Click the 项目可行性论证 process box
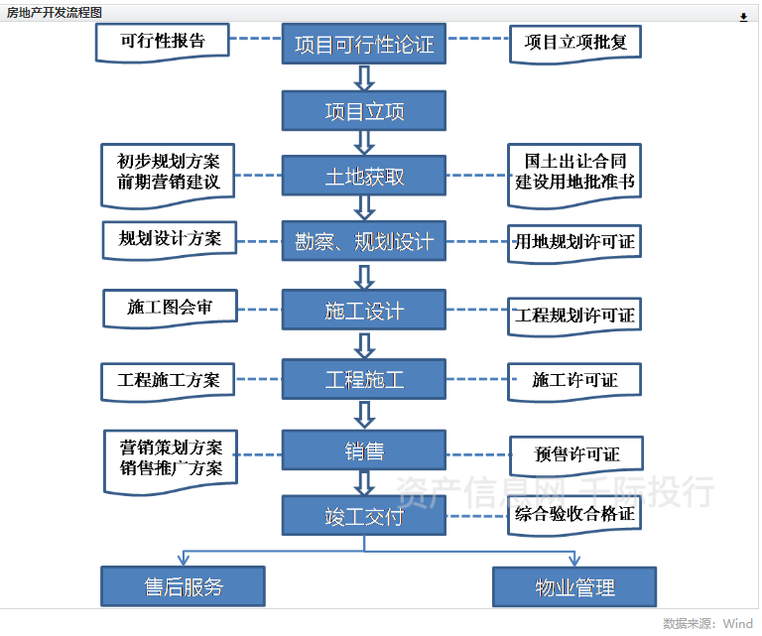[364, 45]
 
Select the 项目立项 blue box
[364, 111]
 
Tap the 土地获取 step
[364, 177]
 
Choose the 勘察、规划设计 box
[364, 241]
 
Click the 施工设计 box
[364, 311]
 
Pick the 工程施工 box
[364, 379]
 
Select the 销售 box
[364, 450]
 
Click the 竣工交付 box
[364, 516]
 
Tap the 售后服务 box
[184, 586]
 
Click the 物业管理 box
[574, 586]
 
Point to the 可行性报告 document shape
[162, 42]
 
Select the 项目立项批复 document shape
[575, 43]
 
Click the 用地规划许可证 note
[574, 241]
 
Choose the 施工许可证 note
[574, 380]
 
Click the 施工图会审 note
[170, 308]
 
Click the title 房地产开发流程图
[54, 13]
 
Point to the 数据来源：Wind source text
[707, 623]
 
